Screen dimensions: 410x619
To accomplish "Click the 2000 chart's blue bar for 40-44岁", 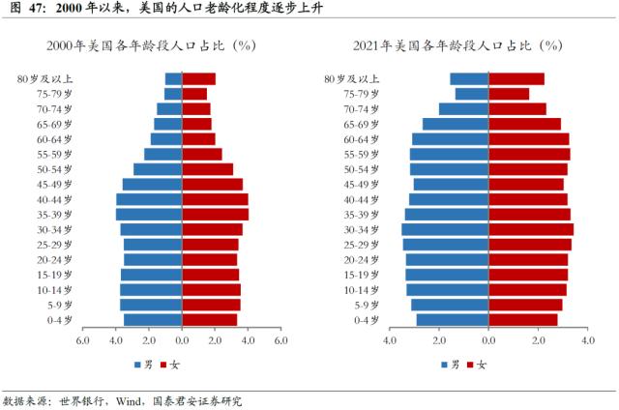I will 149,199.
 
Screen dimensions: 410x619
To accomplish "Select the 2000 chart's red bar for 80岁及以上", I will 198,79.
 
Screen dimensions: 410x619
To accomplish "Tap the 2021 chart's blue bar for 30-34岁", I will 446,229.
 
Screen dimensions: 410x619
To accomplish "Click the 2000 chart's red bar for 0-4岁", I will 209,319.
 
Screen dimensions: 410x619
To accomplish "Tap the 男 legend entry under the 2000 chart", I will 143,365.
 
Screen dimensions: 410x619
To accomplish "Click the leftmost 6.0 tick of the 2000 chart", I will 83,341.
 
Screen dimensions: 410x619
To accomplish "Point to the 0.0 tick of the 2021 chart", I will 488,341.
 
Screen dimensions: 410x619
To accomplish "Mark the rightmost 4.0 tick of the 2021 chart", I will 588,341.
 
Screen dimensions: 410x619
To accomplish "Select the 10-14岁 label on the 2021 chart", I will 362,289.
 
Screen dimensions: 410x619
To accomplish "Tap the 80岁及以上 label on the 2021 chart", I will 351,79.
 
